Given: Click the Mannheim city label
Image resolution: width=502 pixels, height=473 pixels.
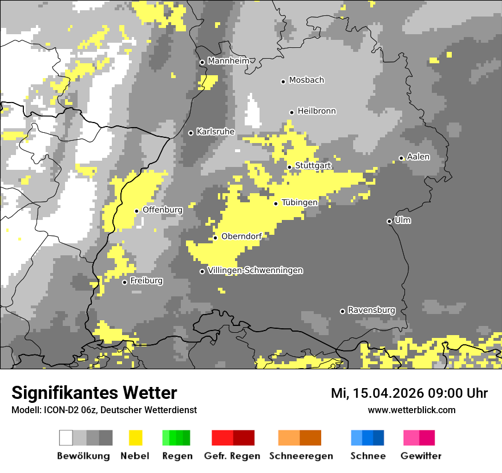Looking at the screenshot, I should click(229, 61).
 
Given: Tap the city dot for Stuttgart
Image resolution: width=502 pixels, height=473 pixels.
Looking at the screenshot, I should click(290, 167).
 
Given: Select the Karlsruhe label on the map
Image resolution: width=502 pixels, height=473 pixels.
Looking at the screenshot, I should click(216, 132).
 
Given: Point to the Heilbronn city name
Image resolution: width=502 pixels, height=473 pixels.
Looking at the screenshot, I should click(317, 111).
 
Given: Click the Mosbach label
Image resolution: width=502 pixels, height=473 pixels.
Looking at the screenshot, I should click(306, 80).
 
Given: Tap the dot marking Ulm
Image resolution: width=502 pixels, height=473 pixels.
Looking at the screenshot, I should click(389, 221).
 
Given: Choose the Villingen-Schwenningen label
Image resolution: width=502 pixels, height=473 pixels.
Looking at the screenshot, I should click(255, 271).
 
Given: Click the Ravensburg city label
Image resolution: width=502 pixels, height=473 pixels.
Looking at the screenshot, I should click(371, 311).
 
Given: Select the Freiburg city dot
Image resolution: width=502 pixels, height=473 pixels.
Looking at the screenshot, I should click(124, 282).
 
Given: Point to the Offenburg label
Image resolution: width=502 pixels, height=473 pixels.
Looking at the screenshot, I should click(163, 210).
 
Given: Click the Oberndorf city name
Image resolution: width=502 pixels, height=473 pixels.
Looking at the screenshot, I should click(241, 237).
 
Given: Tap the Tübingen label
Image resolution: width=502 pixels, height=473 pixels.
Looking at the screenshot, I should click(299, 202).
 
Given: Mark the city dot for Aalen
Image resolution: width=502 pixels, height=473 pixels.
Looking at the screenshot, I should click(401, 158).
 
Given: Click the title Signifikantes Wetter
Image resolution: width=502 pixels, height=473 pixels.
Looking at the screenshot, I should click(94, 393).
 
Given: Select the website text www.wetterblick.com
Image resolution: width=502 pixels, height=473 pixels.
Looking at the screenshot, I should click(411, 410).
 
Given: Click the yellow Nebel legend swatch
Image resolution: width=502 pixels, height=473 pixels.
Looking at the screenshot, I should click(135, 438).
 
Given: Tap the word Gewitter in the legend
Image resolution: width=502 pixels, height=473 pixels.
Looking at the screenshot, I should click(421, 456).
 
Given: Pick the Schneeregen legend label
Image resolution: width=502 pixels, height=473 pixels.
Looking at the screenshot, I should click(301, 456).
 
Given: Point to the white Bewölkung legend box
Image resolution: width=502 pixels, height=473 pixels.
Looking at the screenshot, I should click(66, 438).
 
